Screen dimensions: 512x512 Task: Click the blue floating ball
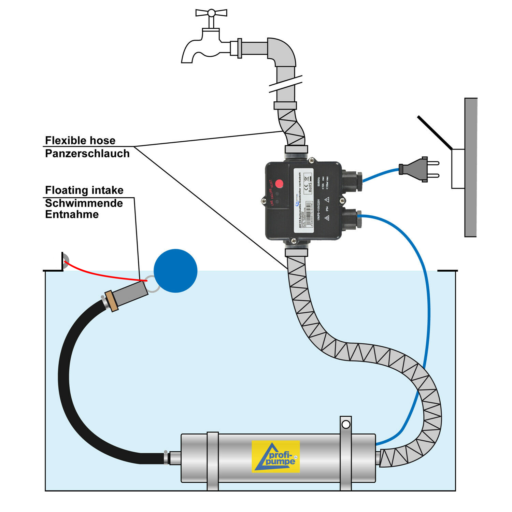pyautogui.click(x=175, y=271)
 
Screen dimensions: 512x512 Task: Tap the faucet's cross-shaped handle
pyautogui.click(x=211, y=13)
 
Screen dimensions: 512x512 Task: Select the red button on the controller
pyautogui.click(x=279, y=184)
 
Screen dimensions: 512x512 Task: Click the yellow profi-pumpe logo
pyautogui.click(x=276, y=456)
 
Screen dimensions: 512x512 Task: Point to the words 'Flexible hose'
pyautogui.click(x=80, y=140)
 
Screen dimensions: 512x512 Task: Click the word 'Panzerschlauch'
pyautogui.click(x=87, y=154)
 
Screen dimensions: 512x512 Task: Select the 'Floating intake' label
pyautogui.click(x=84, y=190)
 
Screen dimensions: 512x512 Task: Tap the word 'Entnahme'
pyautogui.click(x=72, y=214)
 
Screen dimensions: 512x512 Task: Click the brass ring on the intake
pyautogui.click(x=111, y=301)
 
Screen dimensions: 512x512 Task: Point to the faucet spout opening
pyautogui.click(x=187, y=61)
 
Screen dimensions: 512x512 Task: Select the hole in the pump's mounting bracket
pyautogui.click(x=346, y=424)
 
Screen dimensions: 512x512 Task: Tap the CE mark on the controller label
pyautogui.click(x=306, y=188)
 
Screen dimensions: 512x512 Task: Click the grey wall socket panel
pyautogui.click(x=471, y=167)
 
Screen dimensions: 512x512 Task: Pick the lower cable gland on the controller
pyautogui.click(x=352, y=218)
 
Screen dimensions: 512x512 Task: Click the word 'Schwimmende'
pyautogui.click(x=84, y=203)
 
